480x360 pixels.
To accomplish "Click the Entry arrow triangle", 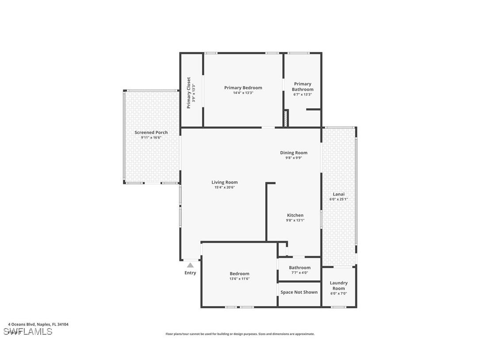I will pyautogui.click(x=190, y=265).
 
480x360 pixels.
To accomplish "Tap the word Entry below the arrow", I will pyautogui.click(x=190, y=273).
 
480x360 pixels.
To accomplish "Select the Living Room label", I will pyautogui.click(x=225, y=182).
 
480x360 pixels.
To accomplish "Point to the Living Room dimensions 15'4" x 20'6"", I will pyautogui.click(x=225, y=188).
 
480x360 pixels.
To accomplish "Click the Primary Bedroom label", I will pyautogui.click(x=243, y=88).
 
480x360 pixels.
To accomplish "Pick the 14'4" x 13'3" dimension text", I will pyautogui.click(x=243, y=93).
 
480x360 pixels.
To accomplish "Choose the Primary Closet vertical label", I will pyautogui.click(x=189, y=93).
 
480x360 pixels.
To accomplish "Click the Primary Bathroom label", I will pyautogui.click(x=303, y=86).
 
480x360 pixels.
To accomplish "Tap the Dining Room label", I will pyautogui.click(x=293, y=153).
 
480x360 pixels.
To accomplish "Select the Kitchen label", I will pyautogui.click(x=295, y=215).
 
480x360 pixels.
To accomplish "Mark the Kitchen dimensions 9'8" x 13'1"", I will pyautogui.click(x=295, y=220).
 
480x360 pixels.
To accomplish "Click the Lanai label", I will pyautogui.click(x=339, y=194).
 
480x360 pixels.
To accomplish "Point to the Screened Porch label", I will pyautogui.click(x=151, y=132).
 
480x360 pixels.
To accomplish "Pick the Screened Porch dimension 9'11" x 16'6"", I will pyautogui.click(x=151, y=138).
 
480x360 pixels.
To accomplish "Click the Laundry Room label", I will pyautogui.click(x=339, y=286).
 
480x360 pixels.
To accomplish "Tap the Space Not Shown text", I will pyautogui.click(x=299, y=292).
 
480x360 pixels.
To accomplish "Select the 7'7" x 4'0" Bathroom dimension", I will pyautogui.click(x=300, y=273).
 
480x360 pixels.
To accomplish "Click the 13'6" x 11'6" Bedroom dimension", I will pyautogui.click(x=240, y=279).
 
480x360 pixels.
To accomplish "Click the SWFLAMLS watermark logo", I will pyautogui.click(x=28, y=331).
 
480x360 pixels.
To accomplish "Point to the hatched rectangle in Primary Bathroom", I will pyautogui.click(x=286, y=118).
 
